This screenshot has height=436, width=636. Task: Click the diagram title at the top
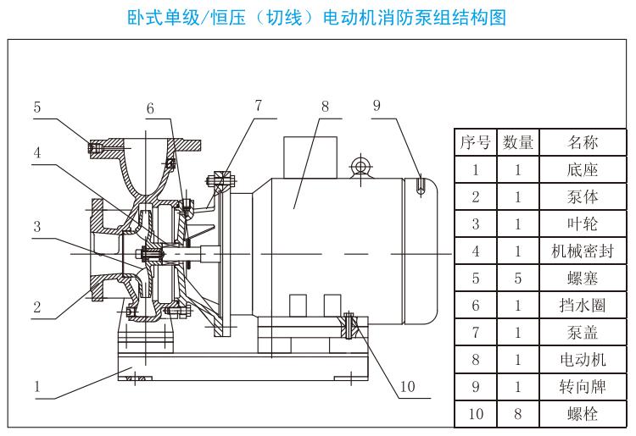[317, 18]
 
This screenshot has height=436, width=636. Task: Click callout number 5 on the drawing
[37, 108]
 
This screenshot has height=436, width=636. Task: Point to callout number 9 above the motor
[377, 106]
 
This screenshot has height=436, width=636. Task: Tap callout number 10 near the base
[407, 387]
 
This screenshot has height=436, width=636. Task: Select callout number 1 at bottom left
[37, 387]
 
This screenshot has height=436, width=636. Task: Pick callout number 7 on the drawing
[259, 105]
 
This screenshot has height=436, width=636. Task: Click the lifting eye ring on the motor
[360, 165]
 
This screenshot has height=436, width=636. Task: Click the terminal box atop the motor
[310, 157]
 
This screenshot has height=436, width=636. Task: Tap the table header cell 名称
[583, 142]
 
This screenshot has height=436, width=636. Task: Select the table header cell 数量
[518, 142]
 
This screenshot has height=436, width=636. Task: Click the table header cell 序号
[476, 142]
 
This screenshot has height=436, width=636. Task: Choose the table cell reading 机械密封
[583, 251]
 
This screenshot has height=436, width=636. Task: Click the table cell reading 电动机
[583, 360]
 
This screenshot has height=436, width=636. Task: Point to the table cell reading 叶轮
[583, 224]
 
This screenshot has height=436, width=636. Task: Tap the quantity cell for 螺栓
[518, 414]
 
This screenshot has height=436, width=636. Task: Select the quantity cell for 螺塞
[518, 279]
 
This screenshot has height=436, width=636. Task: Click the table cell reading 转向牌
[583, 387]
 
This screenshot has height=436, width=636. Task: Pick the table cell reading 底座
[583, 169]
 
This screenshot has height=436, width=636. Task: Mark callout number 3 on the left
[37, 226]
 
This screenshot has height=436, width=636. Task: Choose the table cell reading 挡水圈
[583, 306]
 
